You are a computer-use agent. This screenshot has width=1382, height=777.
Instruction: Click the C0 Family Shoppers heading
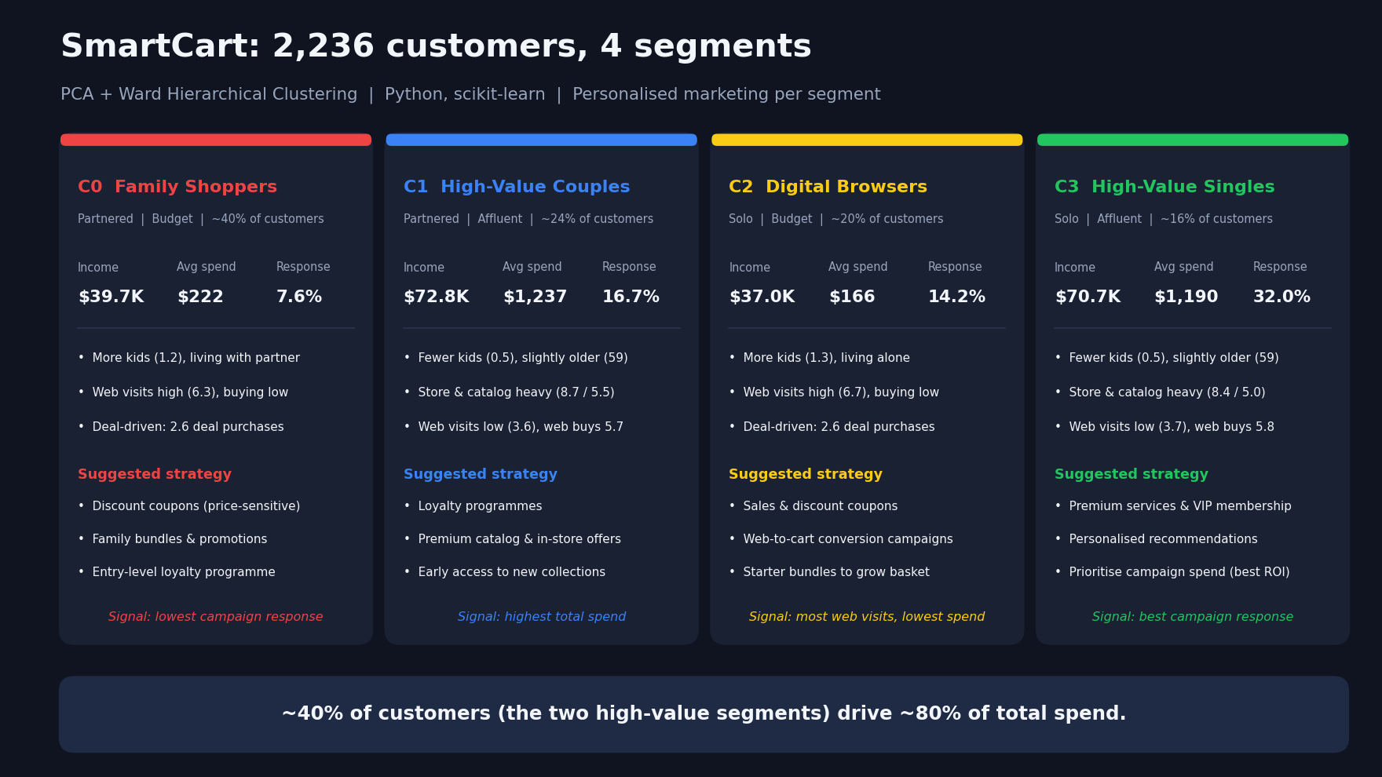177,187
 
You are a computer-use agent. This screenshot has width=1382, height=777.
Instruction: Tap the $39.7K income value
111,297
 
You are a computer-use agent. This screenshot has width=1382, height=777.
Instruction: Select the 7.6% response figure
299,297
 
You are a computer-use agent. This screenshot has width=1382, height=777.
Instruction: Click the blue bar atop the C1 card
541,140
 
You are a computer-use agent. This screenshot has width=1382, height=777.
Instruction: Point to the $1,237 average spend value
535,297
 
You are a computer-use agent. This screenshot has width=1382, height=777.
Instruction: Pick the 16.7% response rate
631,297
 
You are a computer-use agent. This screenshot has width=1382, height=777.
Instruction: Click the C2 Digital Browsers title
828,187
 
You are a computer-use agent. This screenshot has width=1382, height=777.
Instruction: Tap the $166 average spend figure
852,297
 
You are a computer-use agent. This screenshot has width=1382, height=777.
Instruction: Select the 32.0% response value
1281,297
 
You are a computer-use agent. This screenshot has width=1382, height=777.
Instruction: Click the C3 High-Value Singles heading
1164,187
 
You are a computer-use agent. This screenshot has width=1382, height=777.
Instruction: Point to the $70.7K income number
1088,297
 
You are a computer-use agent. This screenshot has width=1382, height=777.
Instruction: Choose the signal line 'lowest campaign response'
216,617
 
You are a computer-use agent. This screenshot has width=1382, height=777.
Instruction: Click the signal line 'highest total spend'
542,617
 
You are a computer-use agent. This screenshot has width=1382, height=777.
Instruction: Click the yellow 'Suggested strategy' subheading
806,474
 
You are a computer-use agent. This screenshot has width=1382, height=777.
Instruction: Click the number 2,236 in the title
324,47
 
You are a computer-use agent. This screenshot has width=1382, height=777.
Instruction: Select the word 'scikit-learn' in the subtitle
497,95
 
